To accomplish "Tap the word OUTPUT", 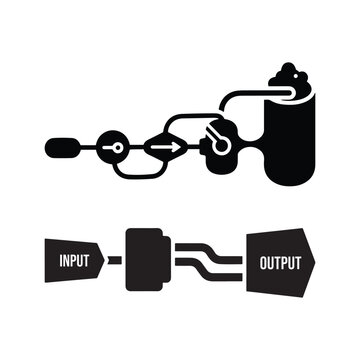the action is pyautogui.click(x=279, y=264).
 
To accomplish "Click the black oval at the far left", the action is pyautogui.click(x=62, y=147).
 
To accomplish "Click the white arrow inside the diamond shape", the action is pyautogui.click(x=161, y=147).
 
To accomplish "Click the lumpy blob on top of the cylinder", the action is pyautogui.click(x=291, y=79).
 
